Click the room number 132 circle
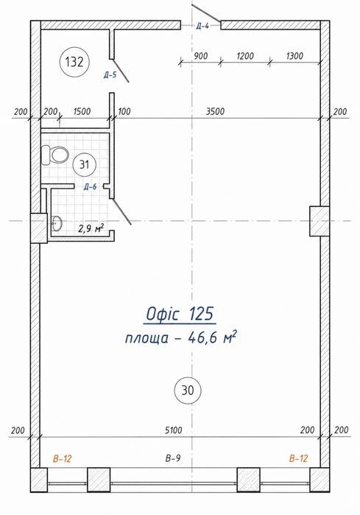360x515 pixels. click(74, 62)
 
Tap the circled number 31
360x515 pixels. click(85, 164)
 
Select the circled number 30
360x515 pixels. click(188, 390)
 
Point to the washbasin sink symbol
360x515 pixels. click(57, 223)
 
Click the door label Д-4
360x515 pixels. click(202, 27)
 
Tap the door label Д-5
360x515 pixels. click(110, 75)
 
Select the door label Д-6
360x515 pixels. click(90, 187)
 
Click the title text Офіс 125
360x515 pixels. click(180, 314)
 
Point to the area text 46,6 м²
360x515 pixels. click(212, 337)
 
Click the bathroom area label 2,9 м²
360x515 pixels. click(91, 228)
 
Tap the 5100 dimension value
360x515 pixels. click(173, 430)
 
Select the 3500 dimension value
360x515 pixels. click(215, 111)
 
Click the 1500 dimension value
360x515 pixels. click(82, 111)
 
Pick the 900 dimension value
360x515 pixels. click(200, 56)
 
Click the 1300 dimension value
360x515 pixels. click(294, 56)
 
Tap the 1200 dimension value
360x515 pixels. click(245, 56)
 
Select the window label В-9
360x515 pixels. click(173, 458)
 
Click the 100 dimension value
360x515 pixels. click(124, 111)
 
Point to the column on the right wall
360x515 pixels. click(320, 221)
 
